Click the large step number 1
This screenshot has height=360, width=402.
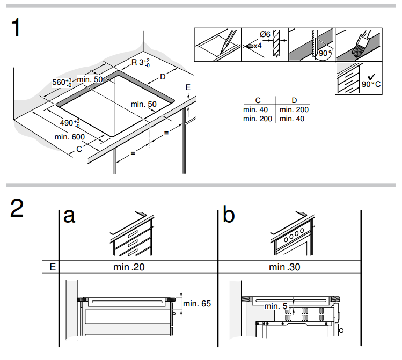[16, 28]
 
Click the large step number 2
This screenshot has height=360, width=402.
[17, 208]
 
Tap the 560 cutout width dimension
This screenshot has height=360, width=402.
[62, 82]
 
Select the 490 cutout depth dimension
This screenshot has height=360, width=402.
[70, 123]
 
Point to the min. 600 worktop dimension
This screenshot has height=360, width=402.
[69, 137]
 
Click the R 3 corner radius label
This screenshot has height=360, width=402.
[141, 62]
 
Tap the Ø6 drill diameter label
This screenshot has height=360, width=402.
[265, 34]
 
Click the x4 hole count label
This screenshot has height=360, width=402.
[258, 46]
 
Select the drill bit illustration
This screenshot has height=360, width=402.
[276, 43]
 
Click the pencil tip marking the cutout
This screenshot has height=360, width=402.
[221, 54]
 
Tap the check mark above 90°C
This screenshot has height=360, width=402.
[371, 77]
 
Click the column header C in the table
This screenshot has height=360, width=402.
[258, 100]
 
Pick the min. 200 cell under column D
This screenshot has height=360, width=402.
[294, 109]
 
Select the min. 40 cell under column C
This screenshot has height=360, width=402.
[255, 109]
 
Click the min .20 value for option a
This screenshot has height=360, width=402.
[129, 267]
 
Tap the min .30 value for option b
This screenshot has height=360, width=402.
[284, 267]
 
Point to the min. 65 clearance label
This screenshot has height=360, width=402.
[197, 303]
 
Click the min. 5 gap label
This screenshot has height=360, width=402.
[276, 306]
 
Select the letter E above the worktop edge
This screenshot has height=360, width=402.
[188, 87]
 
